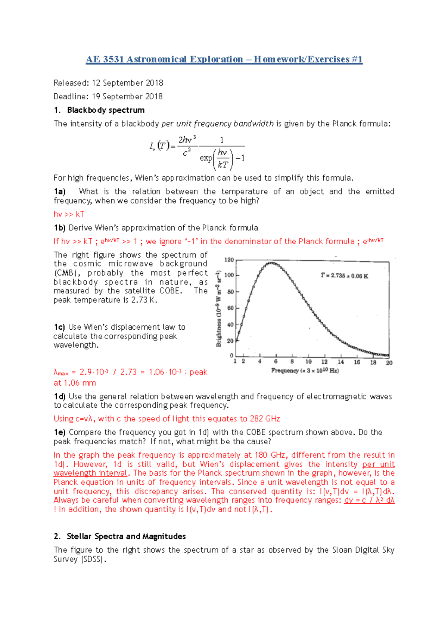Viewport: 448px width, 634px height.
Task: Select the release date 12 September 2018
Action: point(127,83)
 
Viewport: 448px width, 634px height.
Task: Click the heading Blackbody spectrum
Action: point(106,110)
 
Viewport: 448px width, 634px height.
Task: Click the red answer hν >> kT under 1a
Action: point(69,214)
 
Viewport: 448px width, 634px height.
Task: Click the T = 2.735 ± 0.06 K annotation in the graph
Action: point(344,276)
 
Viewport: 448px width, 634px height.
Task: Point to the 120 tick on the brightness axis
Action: point(229,260)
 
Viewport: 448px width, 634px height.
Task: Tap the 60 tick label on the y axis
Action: point(230,308)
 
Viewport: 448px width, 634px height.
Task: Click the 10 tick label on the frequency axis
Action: point(308,362)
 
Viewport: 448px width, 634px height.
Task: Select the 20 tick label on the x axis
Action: point(389,363)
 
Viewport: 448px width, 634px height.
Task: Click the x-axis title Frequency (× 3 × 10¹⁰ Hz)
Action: point(305,371)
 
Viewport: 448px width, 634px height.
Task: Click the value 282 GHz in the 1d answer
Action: point(265,419)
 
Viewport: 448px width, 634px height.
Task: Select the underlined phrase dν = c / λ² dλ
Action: point(369,500)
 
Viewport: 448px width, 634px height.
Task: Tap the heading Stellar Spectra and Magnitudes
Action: point(126,537)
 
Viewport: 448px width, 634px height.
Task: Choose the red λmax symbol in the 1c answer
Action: point(61,373)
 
